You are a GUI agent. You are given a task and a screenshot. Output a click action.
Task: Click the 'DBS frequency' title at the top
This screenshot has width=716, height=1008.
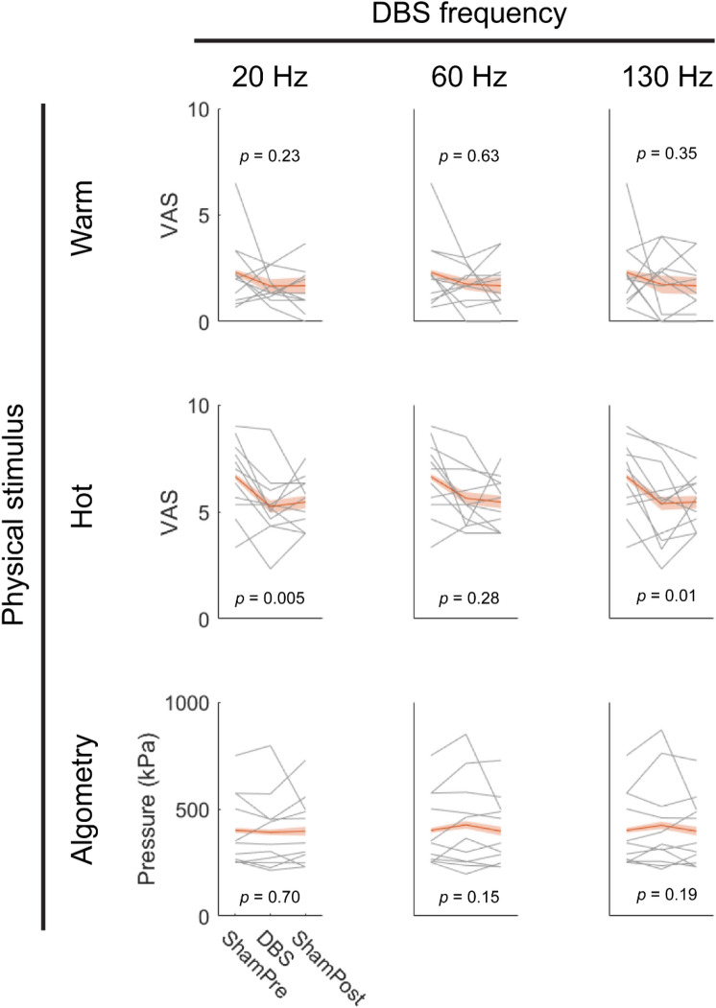(x=455, y=16)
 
